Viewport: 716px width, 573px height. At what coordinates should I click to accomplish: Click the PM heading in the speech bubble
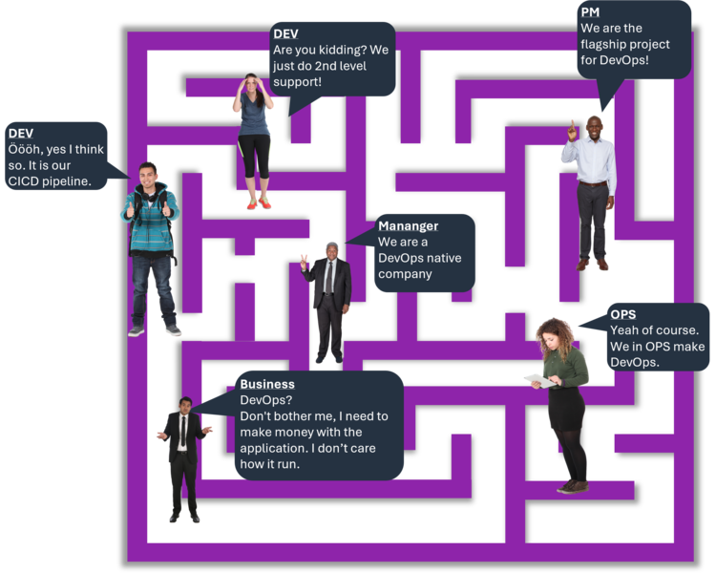tap(590, 12)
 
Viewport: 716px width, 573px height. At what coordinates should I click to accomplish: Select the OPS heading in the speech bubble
tap(622, 314)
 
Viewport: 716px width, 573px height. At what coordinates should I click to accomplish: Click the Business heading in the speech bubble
tap(267, 385)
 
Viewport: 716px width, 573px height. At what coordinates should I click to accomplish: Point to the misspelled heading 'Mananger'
tap(408, 226)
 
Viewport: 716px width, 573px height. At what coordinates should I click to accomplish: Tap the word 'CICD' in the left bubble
tap(26, 181)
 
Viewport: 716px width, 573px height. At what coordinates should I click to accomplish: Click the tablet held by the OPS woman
tap(535, 380)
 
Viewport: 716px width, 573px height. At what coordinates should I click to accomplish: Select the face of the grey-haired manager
tap(331, 253)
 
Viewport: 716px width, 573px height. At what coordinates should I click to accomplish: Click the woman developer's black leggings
tap(255, 158)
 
